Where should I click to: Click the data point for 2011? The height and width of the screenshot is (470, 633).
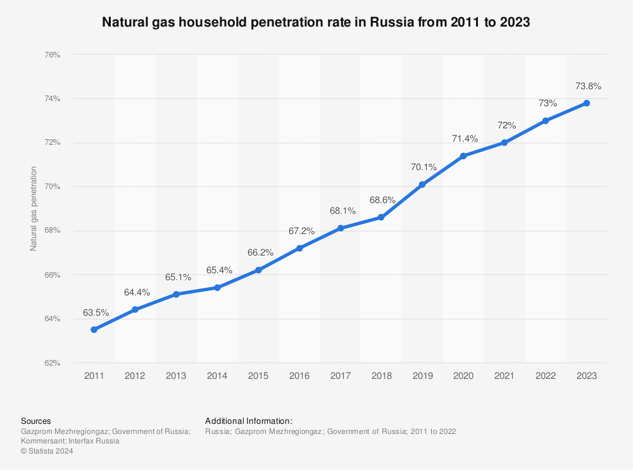94,330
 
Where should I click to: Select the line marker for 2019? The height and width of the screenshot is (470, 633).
422,185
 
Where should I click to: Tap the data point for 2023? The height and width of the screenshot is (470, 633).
587,103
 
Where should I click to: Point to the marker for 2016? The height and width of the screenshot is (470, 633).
299,248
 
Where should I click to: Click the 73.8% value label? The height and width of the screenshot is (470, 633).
587,86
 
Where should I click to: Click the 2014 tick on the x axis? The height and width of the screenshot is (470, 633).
217,376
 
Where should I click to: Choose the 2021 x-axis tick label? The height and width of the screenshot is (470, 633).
505,376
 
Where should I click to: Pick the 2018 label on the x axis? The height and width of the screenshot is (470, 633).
381,376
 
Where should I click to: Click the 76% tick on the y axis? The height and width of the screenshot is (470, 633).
53,55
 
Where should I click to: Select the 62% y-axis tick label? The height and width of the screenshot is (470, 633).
53,363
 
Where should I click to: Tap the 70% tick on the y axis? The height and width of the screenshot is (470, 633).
53,187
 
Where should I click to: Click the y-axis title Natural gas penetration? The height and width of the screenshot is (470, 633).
34,209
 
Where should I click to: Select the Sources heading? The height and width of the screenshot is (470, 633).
36,421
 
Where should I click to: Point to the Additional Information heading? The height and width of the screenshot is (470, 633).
249,421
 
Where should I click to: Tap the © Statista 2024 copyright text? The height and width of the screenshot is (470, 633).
47,451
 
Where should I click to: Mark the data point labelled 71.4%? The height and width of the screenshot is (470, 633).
463,156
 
